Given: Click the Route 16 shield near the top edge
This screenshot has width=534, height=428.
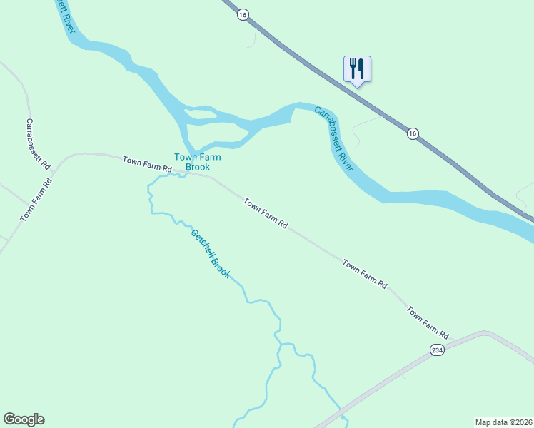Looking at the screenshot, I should [x=243, y=14].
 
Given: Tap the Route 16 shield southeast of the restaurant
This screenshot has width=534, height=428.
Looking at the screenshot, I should [x=413, y=133].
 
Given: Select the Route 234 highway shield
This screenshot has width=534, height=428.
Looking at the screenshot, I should [x=438, y=350].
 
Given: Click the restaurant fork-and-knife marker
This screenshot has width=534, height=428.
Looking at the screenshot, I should [x=357, y=68].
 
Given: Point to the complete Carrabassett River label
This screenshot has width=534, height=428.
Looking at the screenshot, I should [x=334, y=138].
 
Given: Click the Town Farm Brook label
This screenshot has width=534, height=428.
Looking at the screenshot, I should [x=198, y=162].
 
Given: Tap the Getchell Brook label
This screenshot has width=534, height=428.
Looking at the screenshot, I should [x=211, y=253].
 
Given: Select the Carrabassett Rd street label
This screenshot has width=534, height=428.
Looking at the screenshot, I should [x=39, y=143].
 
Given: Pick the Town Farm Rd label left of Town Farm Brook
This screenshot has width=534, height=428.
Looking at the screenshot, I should [x=147, y=163].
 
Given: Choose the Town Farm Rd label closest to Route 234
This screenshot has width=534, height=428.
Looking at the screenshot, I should [x=428, y=322].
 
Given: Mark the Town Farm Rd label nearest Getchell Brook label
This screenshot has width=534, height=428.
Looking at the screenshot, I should [x=265, y=213].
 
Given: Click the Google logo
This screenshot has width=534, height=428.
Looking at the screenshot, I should [x=24, y=419].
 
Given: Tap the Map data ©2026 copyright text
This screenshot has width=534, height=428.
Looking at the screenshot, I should [x=503, y=422].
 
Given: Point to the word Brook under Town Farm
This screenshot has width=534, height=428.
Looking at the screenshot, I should [x=198, y=168].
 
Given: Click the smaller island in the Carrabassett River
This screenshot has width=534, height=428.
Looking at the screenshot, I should [x=200, y=112].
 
